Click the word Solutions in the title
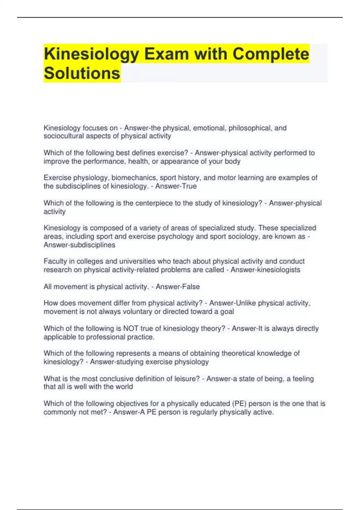click(x=82, y=73)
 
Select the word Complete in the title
click(x=271, y=54)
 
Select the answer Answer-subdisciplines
click(x=79, y=245)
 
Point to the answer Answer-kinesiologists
click(x=265, y=270)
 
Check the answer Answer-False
click(x=178, y=287)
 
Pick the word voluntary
click(x=137, y=312)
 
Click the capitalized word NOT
click(x=131, y=328)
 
